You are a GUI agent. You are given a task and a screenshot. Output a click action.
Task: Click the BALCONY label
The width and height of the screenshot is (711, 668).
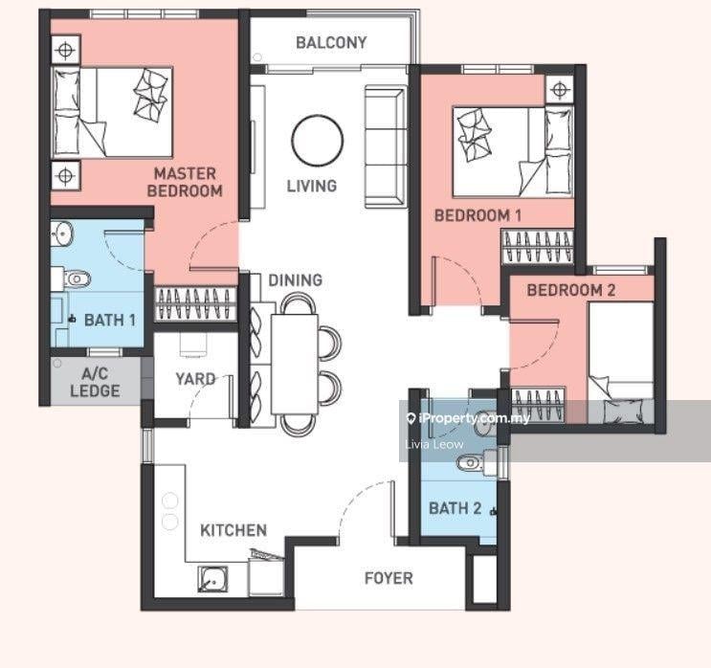pyautogui.click(x=331, y=43)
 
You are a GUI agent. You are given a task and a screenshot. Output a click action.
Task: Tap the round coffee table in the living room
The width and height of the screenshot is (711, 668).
pyautogui.click(x=318, y=141)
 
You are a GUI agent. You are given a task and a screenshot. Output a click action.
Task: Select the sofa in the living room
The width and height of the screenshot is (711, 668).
pyautogui.click(x=385, y=146)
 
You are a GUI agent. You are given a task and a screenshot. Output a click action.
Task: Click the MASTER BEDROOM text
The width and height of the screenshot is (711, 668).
pyautogui.click(x=185, y=182)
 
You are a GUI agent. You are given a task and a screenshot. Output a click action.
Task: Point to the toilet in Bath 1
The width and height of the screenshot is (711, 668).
pyautogui.click(x=77, y=278)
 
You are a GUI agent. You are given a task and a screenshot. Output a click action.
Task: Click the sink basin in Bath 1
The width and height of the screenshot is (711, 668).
pyautogui.click(x=61, y=233)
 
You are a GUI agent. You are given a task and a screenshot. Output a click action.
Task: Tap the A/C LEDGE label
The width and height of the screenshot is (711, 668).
pyautogui.click(x=96, y=382)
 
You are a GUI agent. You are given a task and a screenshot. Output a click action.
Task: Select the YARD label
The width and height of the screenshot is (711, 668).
pyautogui.click(x=195, y=379)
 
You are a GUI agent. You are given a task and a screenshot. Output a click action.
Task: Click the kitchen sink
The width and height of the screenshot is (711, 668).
pyautogui.click(x=212, y=580)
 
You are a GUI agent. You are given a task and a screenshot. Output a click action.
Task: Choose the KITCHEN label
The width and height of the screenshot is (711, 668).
pyautogui.click(x=233, y=530)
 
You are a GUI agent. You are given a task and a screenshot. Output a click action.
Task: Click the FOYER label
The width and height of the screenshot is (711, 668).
pyautogui.click(x=389, y=578)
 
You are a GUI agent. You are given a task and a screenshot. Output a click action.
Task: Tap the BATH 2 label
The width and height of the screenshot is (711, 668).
pyautogui.click(x=455, y=508)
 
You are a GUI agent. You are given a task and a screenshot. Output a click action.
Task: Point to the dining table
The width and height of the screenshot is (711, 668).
pyautogui.click(x=295, y=365)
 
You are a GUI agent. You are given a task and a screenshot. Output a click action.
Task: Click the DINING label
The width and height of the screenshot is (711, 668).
pyautogui.click(x=295, y=280)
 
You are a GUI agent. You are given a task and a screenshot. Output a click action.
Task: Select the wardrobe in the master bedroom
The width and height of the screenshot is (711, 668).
pyautogui.click(x=196, y=303)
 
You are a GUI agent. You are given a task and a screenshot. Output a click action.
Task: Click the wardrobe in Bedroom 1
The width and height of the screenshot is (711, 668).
pyautogui.click(x=538, y=246)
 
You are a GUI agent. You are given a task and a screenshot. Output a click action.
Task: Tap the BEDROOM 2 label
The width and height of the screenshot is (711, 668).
pyautogui.click(x=571, y=290)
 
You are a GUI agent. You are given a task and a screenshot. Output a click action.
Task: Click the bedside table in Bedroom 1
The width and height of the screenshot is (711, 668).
pyautogui.click(x=560, y=89)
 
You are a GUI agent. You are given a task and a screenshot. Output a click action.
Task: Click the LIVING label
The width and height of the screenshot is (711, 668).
pyautogui.click(x=312, y=186)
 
